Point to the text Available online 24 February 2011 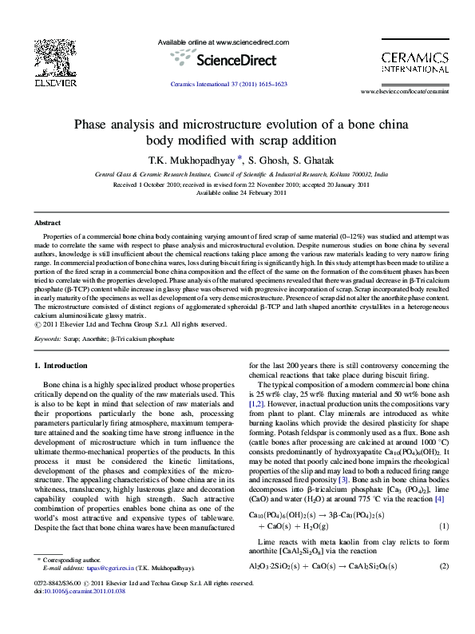pyautogui.click(x=241, y=192)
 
